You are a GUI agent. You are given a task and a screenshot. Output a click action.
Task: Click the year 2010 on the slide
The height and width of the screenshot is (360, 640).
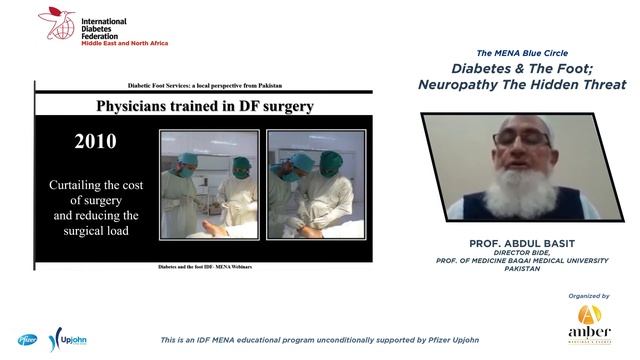95,141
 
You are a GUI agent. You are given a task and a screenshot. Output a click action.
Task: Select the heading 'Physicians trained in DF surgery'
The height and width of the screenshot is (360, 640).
205,105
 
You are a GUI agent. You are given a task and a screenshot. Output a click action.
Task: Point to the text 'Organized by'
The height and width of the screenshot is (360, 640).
590,296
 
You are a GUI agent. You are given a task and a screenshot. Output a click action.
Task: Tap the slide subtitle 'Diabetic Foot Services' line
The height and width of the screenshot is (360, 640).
205,88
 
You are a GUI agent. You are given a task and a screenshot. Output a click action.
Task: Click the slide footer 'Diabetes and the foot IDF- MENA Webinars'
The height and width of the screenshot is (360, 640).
205,267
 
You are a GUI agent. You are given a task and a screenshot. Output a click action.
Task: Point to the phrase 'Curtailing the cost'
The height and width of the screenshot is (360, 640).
95,186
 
